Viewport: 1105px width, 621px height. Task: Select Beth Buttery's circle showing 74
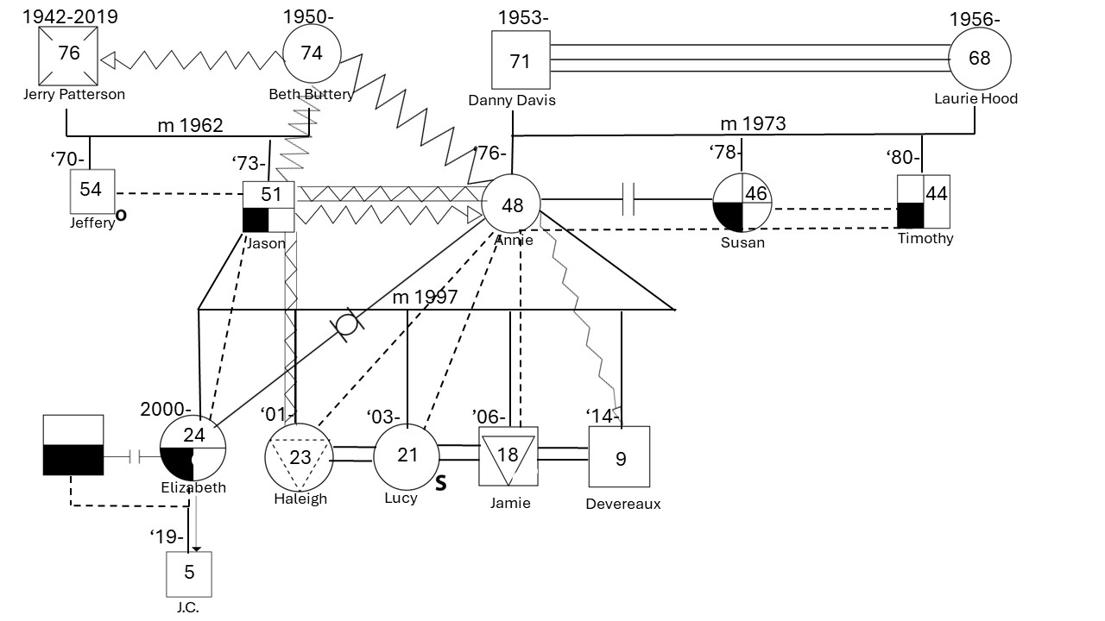click(311, 53)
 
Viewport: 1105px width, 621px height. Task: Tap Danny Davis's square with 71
click(521, 60)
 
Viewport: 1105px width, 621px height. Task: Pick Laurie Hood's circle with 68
click(979, 58)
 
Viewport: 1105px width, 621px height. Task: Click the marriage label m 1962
click(190, 126)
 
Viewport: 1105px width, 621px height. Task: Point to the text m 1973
click(753, 124)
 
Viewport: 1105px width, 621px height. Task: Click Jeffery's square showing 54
click(91, 191)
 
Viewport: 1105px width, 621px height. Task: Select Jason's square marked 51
click(268, 206)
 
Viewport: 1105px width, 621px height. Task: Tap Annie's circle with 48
click(511, 205)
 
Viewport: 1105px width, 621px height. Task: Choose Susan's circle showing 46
click(742, 204)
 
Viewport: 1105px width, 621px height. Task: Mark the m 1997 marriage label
click(425, 298)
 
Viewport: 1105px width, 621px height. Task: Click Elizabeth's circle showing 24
click(193, 449)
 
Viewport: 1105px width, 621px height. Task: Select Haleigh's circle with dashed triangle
click(299, 456)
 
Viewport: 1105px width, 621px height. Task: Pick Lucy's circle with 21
click(407, 456)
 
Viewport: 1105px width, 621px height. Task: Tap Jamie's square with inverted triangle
click(508, 456)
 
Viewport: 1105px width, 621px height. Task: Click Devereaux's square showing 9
click(619, 456)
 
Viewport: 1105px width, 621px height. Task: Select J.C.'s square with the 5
click(189, 574)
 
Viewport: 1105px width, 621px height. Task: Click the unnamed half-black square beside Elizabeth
click(73, 445)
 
